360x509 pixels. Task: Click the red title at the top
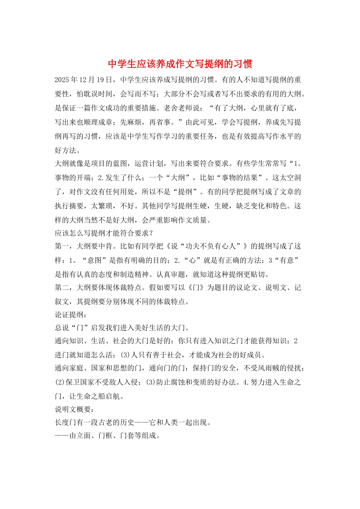coord(180,64)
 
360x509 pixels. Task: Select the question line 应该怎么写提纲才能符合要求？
coord(104,233)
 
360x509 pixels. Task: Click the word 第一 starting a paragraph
coord(62,247)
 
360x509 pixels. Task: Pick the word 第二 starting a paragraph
coord(62,288)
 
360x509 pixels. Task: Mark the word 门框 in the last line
coord(106,436)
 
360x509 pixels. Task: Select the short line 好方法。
coord(67,150)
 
